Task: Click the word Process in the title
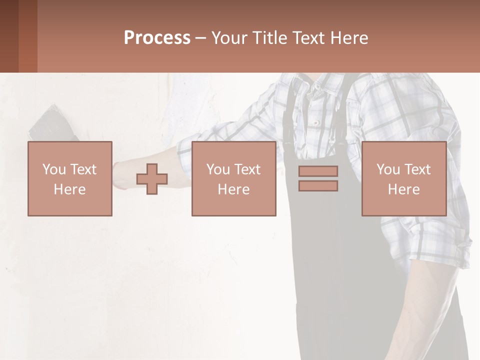point(157,38)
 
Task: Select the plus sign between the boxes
point(152,179)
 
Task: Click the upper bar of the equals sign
point(318,171)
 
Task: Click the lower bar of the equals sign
point(318,186)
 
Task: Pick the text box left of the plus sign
point(70,178)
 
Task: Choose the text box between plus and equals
point(233,178)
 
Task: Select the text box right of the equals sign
point(404,178)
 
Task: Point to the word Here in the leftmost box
point(69,189)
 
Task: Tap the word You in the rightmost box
point(388,169)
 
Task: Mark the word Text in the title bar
point(308,38)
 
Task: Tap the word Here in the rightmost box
point(403,189)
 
